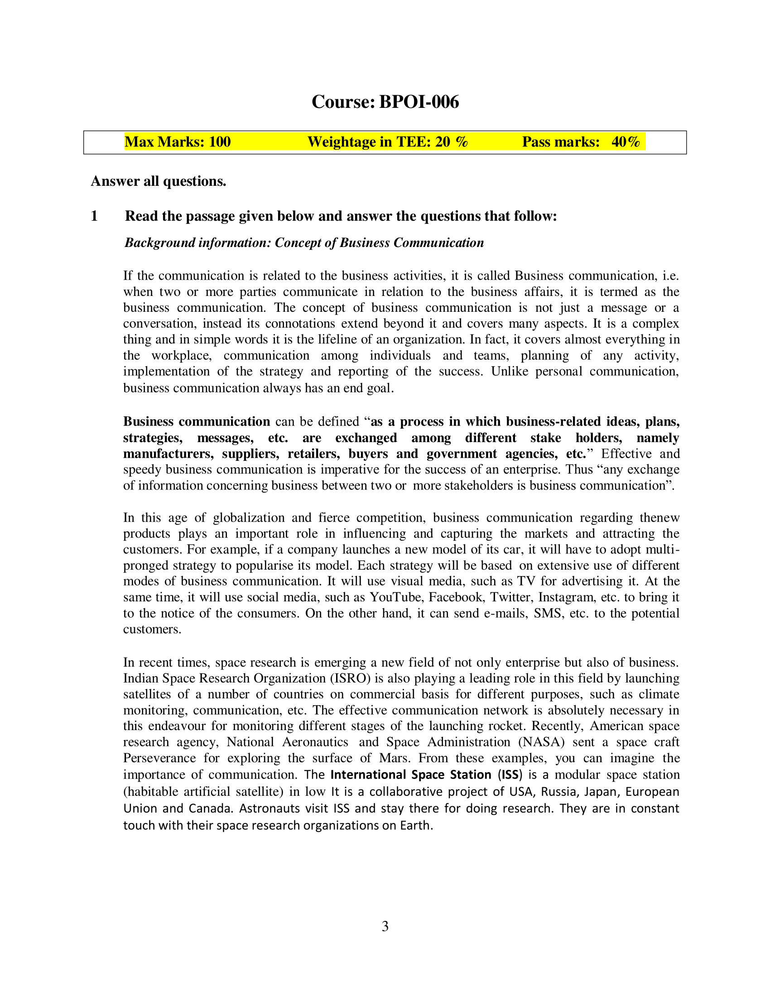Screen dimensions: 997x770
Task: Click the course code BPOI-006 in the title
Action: [x=419, y=102]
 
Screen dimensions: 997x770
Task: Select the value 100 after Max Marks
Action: [x=219, y=142]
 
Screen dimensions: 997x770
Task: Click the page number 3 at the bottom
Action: [x=385, y=926]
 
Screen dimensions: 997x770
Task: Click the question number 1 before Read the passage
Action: [x=94, y=216]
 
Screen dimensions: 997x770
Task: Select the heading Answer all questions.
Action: [x=158, y=181]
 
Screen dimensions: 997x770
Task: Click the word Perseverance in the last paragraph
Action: [x=159, y=758]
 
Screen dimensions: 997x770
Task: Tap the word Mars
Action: [x=394, y=758]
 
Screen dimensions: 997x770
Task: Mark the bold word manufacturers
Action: [x=168, y=454]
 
